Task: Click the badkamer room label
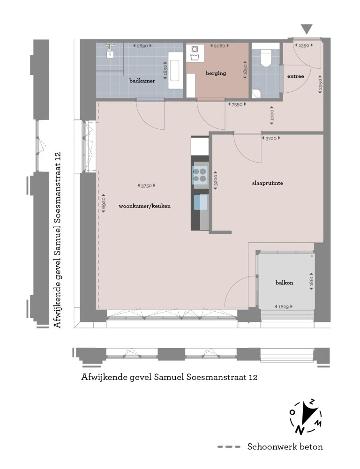(142, 81)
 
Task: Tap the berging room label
(216, 73)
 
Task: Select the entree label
(296, 76)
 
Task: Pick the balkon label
(284, 283)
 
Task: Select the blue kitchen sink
(200, 202)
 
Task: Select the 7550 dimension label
(237, 104)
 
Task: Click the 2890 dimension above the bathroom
(142, 46)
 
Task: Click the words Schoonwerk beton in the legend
(285, 447)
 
